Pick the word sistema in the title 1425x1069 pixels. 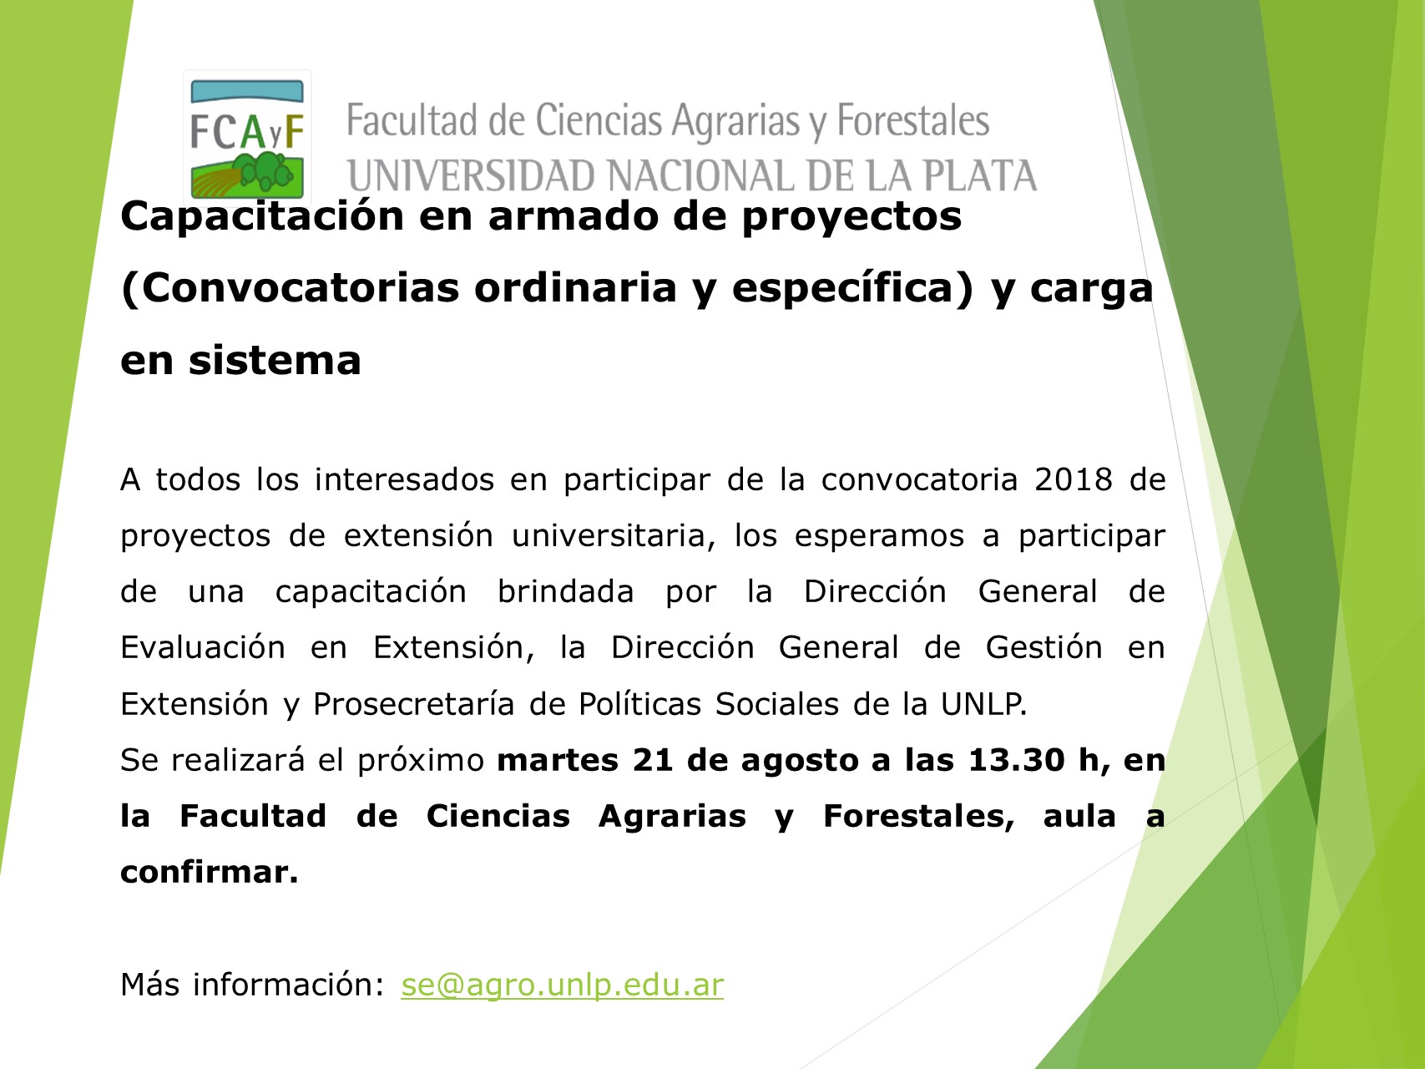[275, 361]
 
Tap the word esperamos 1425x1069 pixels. [879, 535]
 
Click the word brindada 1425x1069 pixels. [566, 591]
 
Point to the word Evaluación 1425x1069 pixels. [203, 647]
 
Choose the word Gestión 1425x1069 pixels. [1043, 647]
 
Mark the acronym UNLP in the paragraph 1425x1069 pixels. [983, 704]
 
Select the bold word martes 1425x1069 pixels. [558, 760]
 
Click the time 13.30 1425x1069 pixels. [1016, 760]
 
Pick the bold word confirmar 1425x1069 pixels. [210, 872]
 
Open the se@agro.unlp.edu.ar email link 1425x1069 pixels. [562, 985]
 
